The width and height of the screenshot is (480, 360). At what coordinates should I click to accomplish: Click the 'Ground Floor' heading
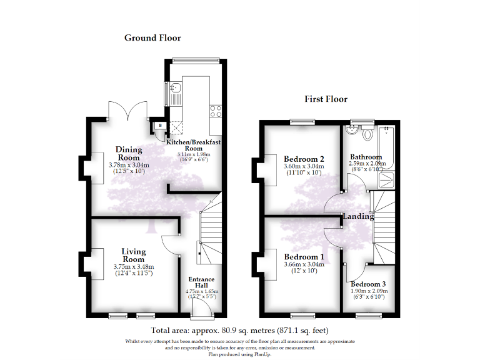pos(152,38)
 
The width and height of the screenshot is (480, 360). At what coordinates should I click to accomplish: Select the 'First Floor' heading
pos(326,99)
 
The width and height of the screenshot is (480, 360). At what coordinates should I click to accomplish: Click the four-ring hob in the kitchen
pos(217,111)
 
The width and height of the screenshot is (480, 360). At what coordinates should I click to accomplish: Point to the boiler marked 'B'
pos(160,126)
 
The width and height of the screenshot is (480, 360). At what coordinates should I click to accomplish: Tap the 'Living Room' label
pos(133,255)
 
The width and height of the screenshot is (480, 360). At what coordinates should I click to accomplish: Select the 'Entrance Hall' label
pos(202,282)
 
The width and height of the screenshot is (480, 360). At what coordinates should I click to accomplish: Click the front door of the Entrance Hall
pos(201,309)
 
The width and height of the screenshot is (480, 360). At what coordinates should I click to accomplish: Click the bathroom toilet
pos(367,133)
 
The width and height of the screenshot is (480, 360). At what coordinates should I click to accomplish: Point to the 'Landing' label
pos(357,216)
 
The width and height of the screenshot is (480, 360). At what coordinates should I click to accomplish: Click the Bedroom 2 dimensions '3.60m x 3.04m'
pos(304,166)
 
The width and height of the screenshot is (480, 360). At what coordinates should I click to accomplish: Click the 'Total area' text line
pos(239,330)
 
